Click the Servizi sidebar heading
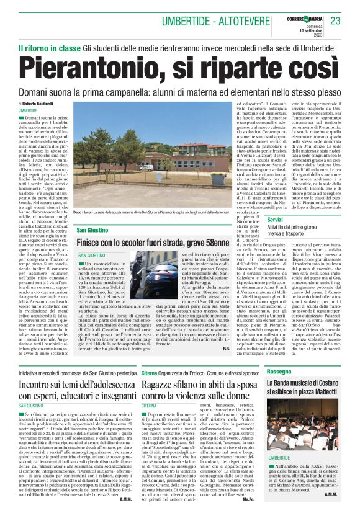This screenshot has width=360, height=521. coord(275,220)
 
